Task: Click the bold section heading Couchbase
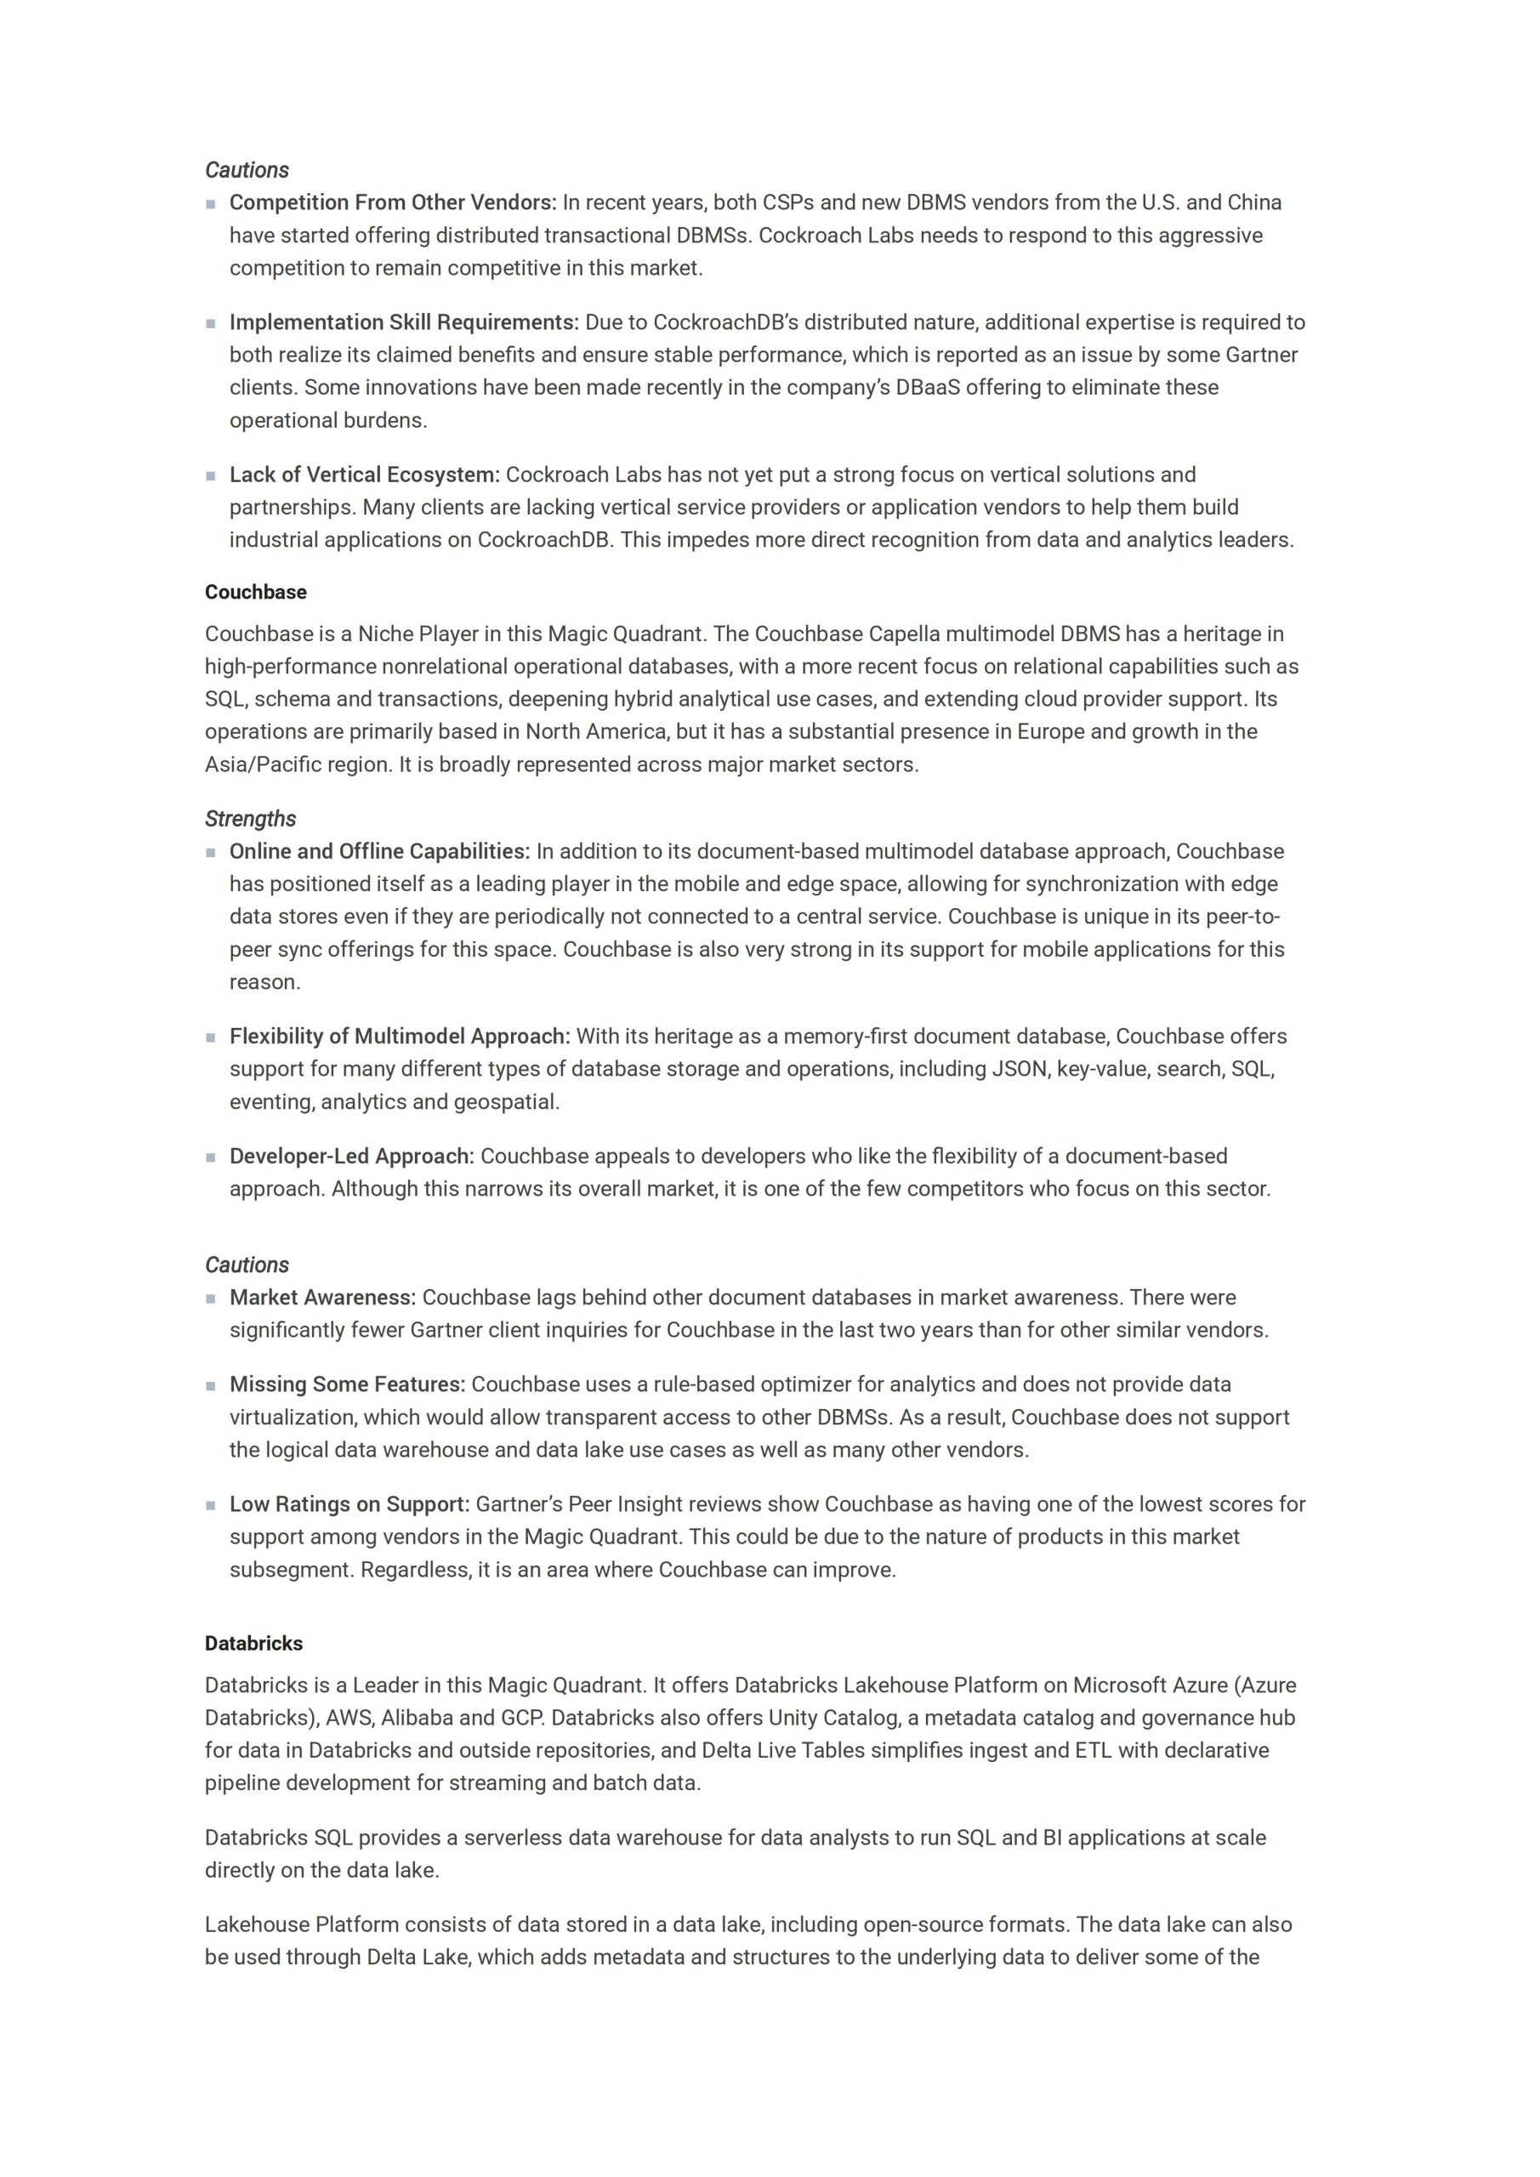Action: [255, 593]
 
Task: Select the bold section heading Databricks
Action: [253, 1643]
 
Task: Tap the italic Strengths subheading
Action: [249, 818]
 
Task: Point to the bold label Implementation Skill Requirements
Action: [404, 322]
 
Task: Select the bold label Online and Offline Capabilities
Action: [379, 851]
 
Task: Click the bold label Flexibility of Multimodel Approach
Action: [399, 1037]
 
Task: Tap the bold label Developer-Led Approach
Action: [351, 1156]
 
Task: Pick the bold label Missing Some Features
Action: [347, 1384]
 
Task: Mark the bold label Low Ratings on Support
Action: [349, 1503]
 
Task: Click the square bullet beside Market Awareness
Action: [211, 1299]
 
